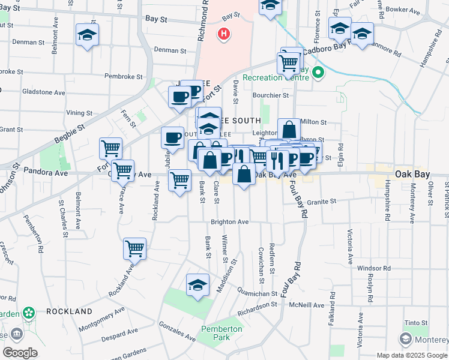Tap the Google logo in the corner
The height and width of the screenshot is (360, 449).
[20, 353]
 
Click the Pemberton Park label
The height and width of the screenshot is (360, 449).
[221, 333]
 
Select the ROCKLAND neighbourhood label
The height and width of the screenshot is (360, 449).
[69, 311]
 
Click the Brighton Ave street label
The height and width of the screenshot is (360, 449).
[229, 222]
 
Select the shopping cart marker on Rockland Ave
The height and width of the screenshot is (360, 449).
[134, 248]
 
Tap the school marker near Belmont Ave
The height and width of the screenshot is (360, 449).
[88, 35]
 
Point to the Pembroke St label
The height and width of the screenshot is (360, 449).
[123, 77]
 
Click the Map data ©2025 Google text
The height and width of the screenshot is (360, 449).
[411, 355]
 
